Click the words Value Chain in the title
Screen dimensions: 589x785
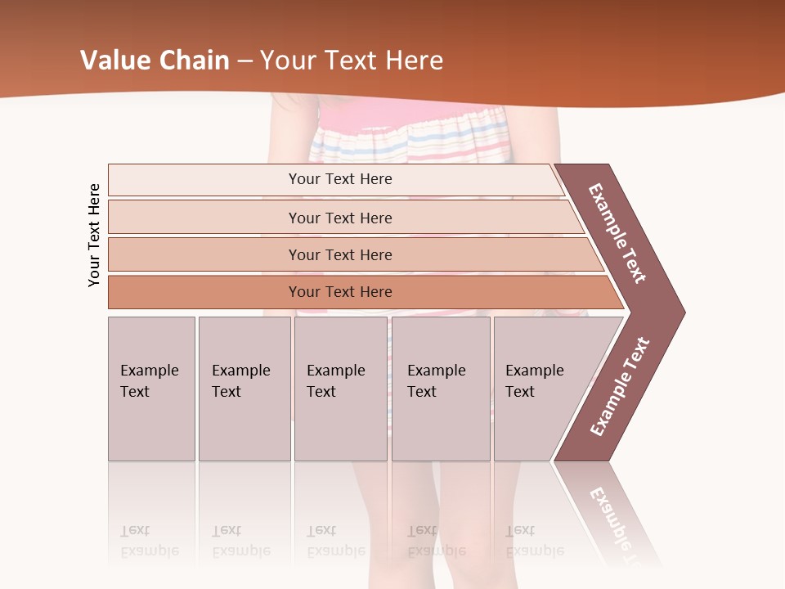pyautogui.click(x=155, y=61)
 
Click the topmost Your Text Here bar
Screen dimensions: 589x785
pyautogui.click(x=339, y=179)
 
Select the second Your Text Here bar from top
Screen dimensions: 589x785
pyautogui.click(x=339, y=218)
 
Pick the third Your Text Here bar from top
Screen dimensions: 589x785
pyautogui.click(x=339, y=254)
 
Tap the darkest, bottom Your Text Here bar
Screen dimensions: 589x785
pyautogui.click(x=339, y=292)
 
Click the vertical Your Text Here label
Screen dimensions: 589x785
pyautogui.click(x=94, y=235)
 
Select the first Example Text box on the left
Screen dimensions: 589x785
pyautogui.click(x=151, y=389)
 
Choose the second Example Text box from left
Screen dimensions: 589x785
pyautogui.click(x=244, y=389)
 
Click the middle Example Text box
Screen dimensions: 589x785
pyautogui.click(x=340, y=389)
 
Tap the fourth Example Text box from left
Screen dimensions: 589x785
pyautogui.click(x=440, y=389)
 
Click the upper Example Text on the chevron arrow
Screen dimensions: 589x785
pyautogui.click(x=617, y=233)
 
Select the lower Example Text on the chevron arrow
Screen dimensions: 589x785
pyautogui.click(x=619, y=387)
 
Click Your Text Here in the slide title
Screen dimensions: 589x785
pyautogui.click(x=352, y=61)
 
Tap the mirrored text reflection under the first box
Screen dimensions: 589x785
pyautogui.click(x=150, y=541)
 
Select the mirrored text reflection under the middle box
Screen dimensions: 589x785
pyautogui.click(x=336, y=541)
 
